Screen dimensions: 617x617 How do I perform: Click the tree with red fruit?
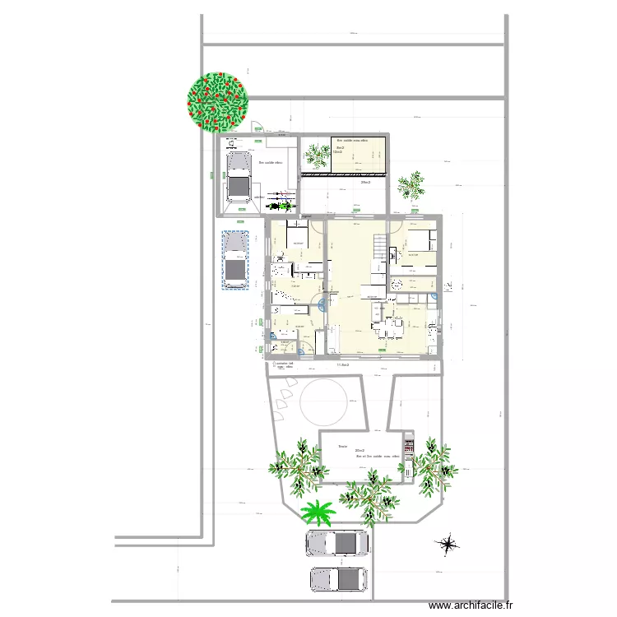pos(217,100)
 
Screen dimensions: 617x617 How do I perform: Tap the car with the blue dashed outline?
pos(235,261)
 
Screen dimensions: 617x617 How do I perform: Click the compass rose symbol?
pos(449,544)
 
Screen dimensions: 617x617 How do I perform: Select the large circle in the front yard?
pos(324,403)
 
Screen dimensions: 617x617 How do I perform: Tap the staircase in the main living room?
pos(380,249)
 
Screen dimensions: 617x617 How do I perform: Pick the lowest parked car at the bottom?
pos(337,579)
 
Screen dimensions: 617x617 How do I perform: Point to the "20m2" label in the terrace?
pos(359,450)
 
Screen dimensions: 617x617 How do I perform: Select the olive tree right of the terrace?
pos(433,462)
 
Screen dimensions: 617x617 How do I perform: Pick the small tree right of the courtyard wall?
pos(410,185)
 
